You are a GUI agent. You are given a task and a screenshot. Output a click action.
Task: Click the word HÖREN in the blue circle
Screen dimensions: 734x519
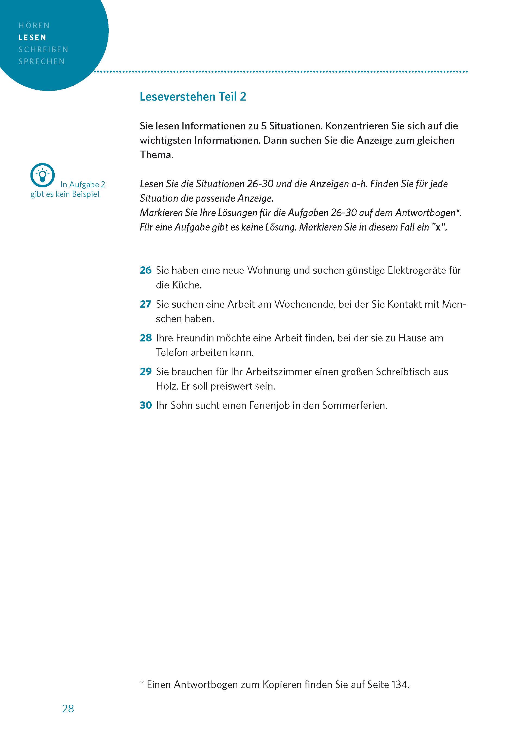34,26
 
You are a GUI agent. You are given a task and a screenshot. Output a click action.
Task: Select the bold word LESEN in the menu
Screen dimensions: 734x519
32,38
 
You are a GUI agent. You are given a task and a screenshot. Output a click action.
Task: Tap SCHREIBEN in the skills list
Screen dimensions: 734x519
43,49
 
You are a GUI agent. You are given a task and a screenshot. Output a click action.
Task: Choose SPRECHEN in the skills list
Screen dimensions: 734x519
42,61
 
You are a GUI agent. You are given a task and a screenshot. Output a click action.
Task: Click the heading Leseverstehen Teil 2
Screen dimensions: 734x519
193,97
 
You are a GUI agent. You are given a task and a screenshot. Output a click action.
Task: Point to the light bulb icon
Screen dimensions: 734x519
42,175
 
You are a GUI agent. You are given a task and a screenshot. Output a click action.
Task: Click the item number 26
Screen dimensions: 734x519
145,270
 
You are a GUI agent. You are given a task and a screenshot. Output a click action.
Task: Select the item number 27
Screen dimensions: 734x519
145,304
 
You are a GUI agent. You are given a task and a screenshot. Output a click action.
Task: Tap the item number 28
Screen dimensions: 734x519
145,338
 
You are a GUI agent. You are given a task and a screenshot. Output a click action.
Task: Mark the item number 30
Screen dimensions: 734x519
145,405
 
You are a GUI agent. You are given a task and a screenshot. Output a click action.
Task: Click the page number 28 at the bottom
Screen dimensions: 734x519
68,708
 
